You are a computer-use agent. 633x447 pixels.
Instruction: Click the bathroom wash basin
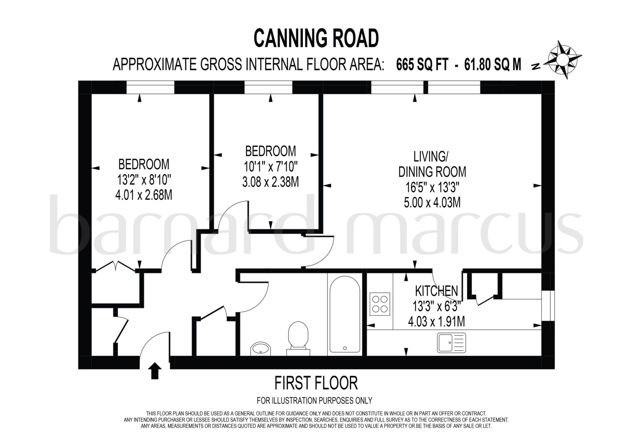point(260,349)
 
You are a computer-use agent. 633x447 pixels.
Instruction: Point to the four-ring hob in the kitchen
point(380,304)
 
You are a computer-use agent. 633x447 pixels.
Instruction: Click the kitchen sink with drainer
point(451,343)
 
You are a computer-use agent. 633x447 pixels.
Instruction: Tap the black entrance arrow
point(155,371)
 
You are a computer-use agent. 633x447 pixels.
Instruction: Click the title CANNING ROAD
point(316,38)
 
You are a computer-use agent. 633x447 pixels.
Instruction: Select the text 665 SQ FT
point(422,65)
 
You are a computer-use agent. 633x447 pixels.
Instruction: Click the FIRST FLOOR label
point(316,383)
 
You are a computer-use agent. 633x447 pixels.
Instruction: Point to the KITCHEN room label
point(436,291)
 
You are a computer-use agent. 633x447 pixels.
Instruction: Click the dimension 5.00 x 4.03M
point(432,202)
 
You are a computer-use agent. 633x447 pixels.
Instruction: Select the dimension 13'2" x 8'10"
point(144,179)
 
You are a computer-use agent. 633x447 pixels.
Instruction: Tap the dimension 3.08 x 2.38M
point(270,182)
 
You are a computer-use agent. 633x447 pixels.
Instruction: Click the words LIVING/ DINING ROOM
point(432,164)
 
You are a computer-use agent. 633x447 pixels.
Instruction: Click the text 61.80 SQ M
point(492,65)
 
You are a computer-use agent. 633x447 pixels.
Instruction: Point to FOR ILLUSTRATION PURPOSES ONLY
point(314,401)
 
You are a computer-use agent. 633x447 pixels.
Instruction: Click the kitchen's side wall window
point(548,305)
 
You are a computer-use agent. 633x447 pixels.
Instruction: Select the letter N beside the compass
point(536,66)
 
